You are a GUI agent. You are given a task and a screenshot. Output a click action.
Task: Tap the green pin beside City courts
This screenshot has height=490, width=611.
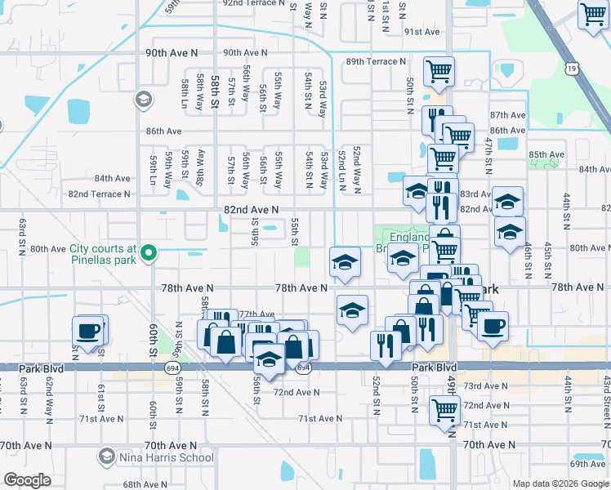click(x=148, y=255)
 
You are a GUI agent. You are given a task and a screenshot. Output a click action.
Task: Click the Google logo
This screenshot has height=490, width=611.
click(x=28, y=480)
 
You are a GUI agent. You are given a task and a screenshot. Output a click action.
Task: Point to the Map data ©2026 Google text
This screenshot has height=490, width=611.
click(x=560, y=483)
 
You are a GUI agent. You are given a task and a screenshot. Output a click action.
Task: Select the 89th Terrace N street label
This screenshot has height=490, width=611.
click(x=375, y=61)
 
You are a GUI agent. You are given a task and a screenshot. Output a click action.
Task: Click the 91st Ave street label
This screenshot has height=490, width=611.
click(x=421, y=32)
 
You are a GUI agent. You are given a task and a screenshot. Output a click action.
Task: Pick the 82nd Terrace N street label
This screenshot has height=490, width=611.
click(x=99, y=194)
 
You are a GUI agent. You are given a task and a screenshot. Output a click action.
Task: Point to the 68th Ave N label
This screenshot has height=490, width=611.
click(x=145, y=484)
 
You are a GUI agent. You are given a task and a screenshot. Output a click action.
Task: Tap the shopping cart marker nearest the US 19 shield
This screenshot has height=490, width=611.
click(x=592, y=14)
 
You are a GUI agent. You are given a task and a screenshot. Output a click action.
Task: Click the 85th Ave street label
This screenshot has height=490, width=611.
click(x=546, y=154)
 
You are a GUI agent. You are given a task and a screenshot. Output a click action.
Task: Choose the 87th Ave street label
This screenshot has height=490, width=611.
click(x=507, y=116)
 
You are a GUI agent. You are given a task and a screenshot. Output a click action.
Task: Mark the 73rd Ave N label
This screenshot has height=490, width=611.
click(x=484, y=385)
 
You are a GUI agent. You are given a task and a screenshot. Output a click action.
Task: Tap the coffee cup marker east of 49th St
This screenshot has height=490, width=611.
click(x=493, y=326)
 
